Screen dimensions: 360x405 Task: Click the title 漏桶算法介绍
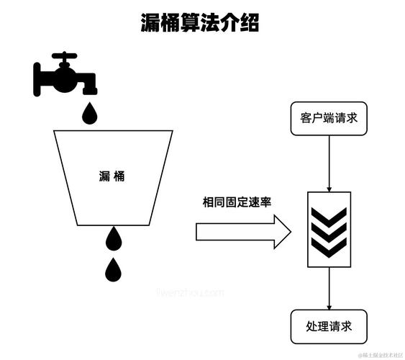[199, 23]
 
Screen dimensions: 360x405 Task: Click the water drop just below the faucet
[90, 112]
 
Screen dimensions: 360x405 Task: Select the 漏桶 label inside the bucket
[114, 175]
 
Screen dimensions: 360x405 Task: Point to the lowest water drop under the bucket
[114, 269]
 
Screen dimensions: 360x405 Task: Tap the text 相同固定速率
[240, 202]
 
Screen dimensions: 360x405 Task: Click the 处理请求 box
[329, 326]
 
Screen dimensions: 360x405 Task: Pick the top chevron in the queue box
[329, 214]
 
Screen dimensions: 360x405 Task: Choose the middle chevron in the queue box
[329, 230]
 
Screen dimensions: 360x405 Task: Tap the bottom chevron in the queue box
[329, 247]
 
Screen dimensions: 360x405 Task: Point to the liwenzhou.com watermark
[190, 293]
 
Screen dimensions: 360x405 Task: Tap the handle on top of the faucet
[64, 56]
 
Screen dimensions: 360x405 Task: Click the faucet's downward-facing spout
[91, 89]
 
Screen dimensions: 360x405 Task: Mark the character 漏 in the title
[150, 23]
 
